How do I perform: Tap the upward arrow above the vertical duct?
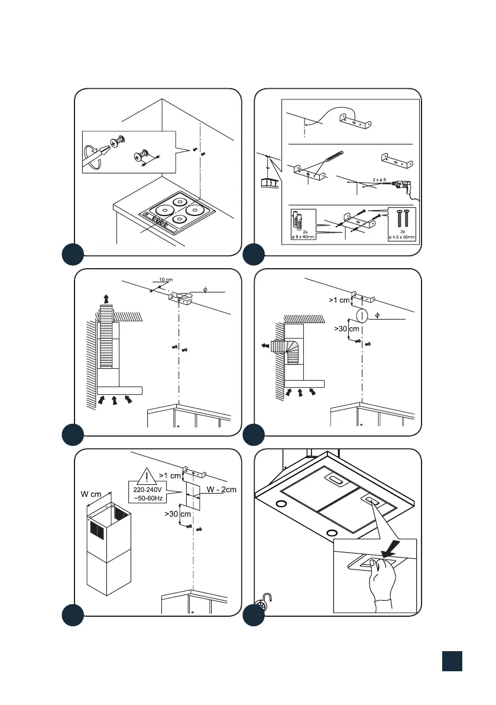pos(106,298)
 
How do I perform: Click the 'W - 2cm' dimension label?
pos(221,490)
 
